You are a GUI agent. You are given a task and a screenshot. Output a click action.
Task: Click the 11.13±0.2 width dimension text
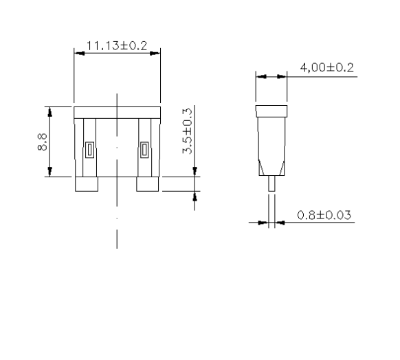point(116,45)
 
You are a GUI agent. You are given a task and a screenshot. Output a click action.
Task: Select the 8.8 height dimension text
point(42,142)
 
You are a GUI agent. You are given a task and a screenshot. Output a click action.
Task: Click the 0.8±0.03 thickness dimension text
point(324,215)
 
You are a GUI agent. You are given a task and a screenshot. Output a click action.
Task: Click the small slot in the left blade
point(89,150)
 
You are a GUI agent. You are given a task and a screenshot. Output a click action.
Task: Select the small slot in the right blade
point(144,150)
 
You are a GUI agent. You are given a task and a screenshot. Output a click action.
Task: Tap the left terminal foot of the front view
point(87,183)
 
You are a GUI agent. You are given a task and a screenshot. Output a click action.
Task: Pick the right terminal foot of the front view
point(148,183)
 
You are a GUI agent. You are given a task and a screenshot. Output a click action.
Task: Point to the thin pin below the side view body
point(271,184)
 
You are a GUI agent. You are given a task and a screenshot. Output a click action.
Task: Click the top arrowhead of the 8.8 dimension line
point(48,111)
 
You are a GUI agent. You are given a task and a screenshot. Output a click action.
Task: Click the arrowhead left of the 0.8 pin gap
point(263,223)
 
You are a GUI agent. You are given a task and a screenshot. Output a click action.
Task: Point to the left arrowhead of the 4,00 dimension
point(260,77)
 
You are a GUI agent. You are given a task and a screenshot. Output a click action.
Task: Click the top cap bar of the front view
point(116,111)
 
